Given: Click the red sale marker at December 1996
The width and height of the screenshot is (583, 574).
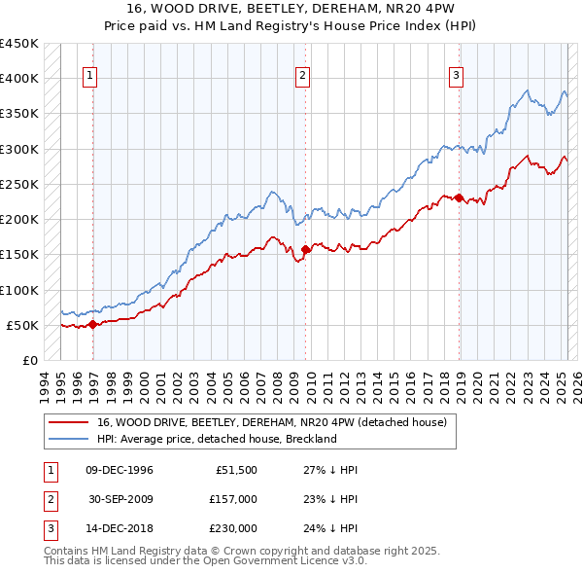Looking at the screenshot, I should point(93,325).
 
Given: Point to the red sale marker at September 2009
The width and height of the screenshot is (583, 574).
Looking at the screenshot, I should point(305,250).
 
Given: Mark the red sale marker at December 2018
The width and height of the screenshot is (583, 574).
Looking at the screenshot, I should point(459,198).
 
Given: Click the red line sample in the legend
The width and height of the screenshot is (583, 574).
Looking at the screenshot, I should point(68,422).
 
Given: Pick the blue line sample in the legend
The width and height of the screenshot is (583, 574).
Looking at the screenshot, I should point(68,439).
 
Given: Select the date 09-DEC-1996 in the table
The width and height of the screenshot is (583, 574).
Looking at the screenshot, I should point(120,470).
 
